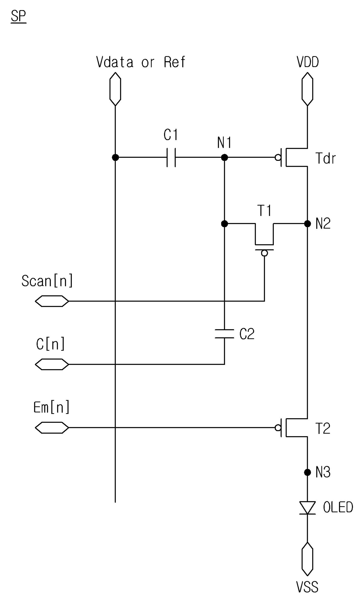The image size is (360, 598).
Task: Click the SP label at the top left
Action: coord(19,16)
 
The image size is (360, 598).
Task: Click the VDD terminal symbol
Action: coord(307,89)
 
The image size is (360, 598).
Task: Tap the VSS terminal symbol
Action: coord(307,559)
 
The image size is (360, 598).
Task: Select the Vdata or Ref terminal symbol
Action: coord(115,89)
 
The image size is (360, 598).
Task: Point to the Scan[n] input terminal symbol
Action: coord(52,301)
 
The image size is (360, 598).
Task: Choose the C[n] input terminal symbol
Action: coord(52,364)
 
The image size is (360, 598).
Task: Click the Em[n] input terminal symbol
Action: coord(52,428)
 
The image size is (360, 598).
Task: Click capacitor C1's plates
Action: coord(171,157)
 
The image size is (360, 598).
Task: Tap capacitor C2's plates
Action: coord(224,334)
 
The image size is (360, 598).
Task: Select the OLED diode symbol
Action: coord(307,508)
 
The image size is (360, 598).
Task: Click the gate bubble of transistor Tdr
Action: coord(278,157)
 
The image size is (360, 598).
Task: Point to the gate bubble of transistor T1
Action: coord(264,253)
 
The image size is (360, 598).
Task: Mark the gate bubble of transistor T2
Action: coord(278,428)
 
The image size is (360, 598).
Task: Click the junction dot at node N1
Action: coord(224,157)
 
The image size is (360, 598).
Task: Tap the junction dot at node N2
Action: coord(307,224)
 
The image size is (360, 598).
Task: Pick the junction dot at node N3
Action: coord(307,473)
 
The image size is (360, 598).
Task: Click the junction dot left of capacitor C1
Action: coord(115,157)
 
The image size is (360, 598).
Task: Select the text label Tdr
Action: coord(326,159)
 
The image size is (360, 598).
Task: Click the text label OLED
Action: coord(338,507)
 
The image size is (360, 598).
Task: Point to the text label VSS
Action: coord(307,587)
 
